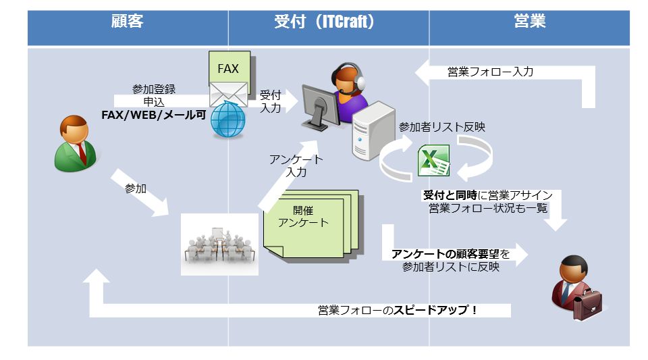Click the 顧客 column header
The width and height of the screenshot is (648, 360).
[x=127, y=22]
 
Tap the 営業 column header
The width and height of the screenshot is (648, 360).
[x=530, y=22]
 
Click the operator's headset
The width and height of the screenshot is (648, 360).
[x=358, y=80]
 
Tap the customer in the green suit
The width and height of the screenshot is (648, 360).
[x=75, y=142]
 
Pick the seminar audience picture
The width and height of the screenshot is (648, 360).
[x=219, y=244]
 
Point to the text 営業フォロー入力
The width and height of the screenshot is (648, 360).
[x=490, y=72]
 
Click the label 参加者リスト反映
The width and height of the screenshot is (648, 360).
[x=442, y=126]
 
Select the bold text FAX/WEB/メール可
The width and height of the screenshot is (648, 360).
[x=153, y=115]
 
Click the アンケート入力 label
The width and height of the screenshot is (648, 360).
[x=296, y=165]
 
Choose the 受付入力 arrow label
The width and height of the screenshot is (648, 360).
[x=270, y=101]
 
